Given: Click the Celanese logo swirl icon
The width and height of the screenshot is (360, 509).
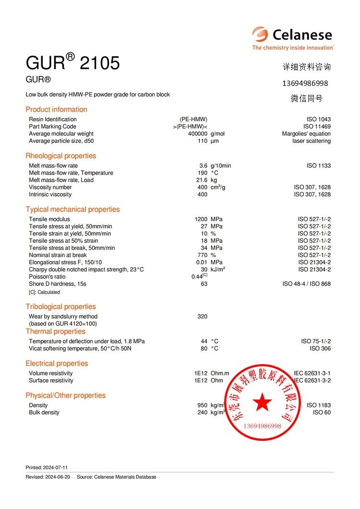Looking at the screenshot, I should (260, 35).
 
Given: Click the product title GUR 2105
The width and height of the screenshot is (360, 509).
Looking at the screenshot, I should (72, 63).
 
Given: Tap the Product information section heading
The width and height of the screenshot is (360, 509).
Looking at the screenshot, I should (56, 109).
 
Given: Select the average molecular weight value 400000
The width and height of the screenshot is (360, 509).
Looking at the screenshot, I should (198, 134).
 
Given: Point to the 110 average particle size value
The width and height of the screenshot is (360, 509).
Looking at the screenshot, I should (203, 141).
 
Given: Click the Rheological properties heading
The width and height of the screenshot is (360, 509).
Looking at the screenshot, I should (60, 156).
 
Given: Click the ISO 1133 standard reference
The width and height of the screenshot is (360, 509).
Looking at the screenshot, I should (318, 166).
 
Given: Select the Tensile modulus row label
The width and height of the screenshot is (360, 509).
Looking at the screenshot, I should (49, 219).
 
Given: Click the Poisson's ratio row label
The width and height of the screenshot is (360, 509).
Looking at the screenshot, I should (47, 277).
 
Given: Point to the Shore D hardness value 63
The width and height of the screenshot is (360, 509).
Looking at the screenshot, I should (204, 284).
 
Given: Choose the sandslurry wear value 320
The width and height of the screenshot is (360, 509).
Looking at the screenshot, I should (203, 317).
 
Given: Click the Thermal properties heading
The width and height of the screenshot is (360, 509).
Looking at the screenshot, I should (55, 331).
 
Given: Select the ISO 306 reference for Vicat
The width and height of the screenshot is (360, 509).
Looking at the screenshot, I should (320, 349).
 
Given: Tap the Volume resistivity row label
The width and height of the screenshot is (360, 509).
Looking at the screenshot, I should (51, 373).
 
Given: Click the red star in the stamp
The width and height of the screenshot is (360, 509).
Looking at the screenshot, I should (263, 402).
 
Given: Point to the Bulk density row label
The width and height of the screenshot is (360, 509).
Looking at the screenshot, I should (44, 413).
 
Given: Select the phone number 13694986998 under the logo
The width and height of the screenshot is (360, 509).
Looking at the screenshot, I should (305, 83).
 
